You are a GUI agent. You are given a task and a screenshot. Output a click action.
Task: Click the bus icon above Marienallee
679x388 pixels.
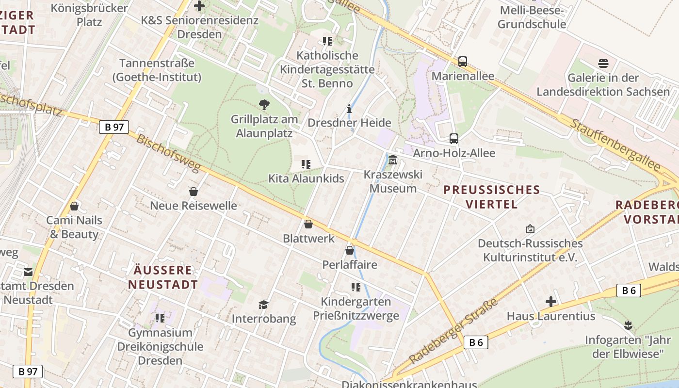coord(463,62)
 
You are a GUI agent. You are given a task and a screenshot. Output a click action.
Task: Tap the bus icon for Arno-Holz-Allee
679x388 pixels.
coord(454,139)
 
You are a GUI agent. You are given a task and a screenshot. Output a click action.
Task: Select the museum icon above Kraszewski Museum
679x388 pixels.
coord(393,160)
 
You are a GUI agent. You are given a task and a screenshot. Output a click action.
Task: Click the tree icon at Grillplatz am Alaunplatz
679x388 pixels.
coord(264,104)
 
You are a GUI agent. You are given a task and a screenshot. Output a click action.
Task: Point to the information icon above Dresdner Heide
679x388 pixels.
coord(349,108)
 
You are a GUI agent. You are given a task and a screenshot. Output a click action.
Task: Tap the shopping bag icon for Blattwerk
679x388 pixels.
coord(308,224)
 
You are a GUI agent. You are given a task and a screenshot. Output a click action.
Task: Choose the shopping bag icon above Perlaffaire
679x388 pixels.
coord(349,250)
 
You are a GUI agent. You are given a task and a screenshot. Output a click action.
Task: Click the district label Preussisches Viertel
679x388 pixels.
coord(492,196)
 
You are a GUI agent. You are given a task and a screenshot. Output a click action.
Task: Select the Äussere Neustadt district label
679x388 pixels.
coord(163,277)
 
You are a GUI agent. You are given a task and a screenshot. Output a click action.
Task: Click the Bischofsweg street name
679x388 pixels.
coord(168,153)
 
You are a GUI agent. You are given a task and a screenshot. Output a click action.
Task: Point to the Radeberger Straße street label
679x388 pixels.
coord(454,331)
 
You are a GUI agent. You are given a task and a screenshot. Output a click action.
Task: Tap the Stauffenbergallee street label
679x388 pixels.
coord(615,145)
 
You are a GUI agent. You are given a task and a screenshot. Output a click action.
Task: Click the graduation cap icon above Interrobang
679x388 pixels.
coord(263,305)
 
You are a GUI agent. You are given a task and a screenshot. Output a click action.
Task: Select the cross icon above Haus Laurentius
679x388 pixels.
coord(550,302)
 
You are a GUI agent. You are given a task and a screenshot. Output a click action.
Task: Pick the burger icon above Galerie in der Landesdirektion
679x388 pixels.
coord(603,63)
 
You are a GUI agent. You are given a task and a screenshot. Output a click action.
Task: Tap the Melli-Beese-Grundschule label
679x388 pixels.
coord(532,17)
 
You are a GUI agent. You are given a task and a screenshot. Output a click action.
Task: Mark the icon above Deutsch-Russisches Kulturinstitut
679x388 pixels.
coord(530,229)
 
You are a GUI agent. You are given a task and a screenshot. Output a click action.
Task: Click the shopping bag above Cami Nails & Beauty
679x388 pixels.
coord(74,206)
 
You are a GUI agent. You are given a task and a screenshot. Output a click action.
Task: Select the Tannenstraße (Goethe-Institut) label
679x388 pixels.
coord(157,70)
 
